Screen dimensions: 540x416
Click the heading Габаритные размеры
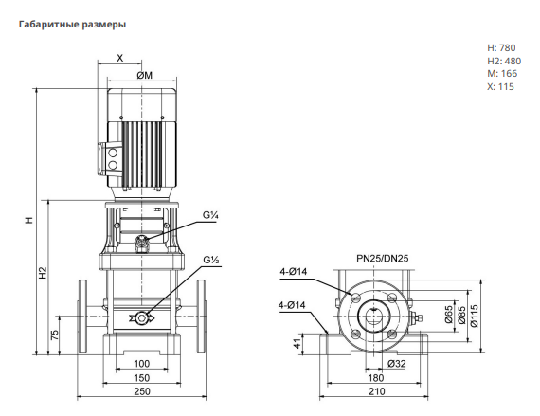[72, 25]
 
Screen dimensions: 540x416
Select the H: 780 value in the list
[501, 48]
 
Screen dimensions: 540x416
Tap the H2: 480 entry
[504, 61]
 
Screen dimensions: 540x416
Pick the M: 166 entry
[502, 73]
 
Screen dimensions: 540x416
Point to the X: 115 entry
[500, 86]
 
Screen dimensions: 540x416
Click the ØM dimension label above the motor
[145, 76]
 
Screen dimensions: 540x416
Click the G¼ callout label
[210, 215]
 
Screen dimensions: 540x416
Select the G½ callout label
[211, 260]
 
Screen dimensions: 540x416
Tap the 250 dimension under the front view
[142, 391]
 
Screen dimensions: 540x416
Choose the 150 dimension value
[141, 378]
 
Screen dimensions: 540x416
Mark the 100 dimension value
[141, 364]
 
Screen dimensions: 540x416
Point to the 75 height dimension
[55, 335]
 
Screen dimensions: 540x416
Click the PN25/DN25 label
[383, 259]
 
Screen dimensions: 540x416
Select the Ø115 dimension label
[475, 316]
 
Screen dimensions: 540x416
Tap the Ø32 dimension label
[396, 364]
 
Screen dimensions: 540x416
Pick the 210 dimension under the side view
[377, 391]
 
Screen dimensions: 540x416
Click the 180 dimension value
[375, 378]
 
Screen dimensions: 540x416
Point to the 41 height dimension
[297, 343]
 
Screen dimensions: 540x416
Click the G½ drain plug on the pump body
[141, 317]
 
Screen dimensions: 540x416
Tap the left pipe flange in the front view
[82, 317]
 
